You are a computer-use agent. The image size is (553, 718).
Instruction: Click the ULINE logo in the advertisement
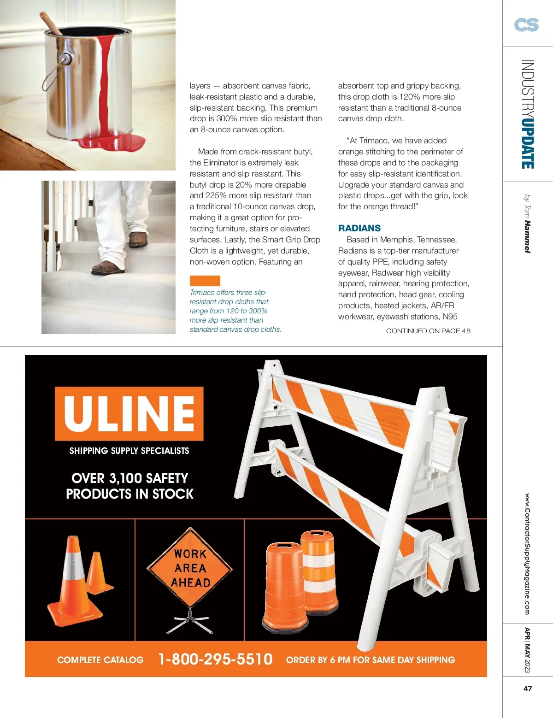(129, 413)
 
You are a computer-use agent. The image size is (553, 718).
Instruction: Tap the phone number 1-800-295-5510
(215, 659)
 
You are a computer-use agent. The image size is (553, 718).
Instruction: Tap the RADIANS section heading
(359, 228)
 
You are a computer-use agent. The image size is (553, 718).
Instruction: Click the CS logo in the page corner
(526, 25)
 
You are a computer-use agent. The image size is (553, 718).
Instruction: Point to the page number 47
(528, 689)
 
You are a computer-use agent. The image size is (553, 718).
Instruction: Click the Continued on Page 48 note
(428, 331)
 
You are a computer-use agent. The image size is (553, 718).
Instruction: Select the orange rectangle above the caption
(205, 281)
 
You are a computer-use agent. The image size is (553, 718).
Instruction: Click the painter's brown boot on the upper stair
(138, 240)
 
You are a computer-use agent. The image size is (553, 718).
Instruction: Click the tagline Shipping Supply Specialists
(129, 451)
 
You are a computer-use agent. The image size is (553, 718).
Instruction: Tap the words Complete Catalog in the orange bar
(100, 660)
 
